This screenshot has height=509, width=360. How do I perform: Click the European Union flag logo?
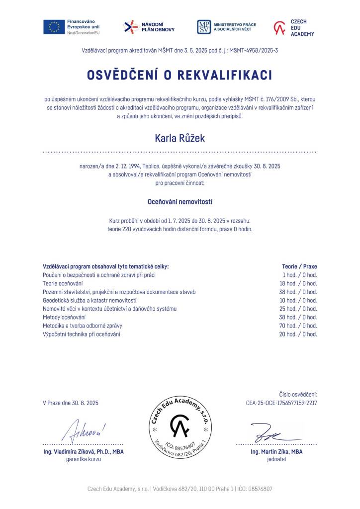click(x=54, y=27)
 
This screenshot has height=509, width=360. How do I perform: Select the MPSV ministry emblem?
click(x=204, y=27)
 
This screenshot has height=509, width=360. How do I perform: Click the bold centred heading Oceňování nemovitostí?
click(x=180, y=202)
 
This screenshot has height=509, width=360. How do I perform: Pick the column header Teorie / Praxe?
click(x=299, y=266)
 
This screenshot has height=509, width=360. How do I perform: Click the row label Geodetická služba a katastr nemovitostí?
click(x=90, y=300)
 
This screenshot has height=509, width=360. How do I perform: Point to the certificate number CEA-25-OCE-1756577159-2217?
click(x=281, y=403)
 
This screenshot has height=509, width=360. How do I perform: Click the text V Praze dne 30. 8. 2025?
click(x=71, y=403)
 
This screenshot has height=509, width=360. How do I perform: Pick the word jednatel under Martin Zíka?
click(x=276, y=459)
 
